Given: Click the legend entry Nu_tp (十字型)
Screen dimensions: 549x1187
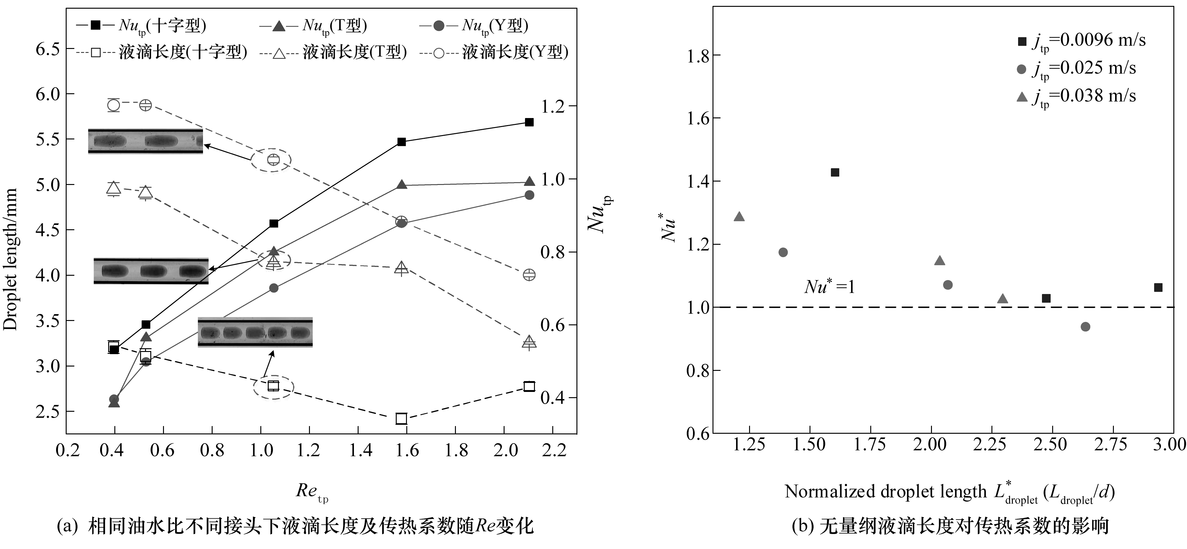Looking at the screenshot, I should pyautogui.click(x=140, y=25).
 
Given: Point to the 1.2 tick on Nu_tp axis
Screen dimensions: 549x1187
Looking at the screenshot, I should pyautogui.click(x=553, y=106).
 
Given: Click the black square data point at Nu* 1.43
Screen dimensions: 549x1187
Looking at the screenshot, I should pyautogui.click(x=835, y=173).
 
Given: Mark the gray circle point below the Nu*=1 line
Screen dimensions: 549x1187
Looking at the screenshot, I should pyautogui.click(x=1085, y=327).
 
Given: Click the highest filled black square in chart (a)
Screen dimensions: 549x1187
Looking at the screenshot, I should pyautogui.click(x=529, y=122).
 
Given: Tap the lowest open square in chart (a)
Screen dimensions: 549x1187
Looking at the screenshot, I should pyautogui.click(x=401, y=419).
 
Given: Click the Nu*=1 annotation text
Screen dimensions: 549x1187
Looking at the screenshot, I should pyautogui.click(x=829, y=287).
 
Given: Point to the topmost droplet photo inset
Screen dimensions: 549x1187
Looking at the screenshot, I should pyautogui.click(x=146, y=141).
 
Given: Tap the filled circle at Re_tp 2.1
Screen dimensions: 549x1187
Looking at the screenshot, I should pyautogui.click(x=529, y=195).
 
